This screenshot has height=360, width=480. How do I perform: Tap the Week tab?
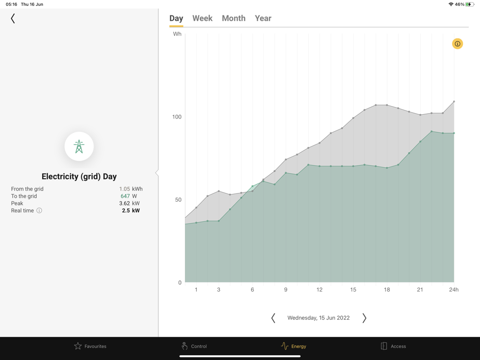[x=202, y=18]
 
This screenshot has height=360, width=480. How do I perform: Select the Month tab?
[x=233, y=18]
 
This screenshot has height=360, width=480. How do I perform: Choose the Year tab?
[x=263, y=18]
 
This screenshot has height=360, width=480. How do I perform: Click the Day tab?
[x=176, y=18]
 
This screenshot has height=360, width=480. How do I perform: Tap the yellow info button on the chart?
[x=457, y=44]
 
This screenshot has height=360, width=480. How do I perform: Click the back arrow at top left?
[x=13, y=18]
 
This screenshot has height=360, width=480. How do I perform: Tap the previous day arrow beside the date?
[x=273, y=318]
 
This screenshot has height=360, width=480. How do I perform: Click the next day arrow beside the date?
[x=364, y=318]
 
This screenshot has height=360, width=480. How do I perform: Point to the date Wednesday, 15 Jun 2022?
[x=318, y=318]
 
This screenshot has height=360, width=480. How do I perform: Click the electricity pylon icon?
[x=79, y=146]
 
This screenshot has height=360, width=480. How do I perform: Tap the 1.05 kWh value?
[x=131, y=189]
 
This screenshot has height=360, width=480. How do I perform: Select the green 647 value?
[x=125, y=196]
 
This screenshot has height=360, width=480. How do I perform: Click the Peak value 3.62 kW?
[x=129, y=204]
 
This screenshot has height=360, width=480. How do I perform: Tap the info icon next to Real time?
[x=39, y=211]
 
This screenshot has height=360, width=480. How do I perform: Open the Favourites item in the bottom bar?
[x=90, y=346]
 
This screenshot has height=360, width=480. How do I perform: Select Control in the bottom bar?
[x=194, y=346]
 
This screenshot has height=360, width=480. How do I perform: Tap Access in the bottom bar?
[x=393, y=346]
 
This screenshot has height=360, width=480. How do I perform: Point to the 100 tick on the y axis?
[x=177, y=117]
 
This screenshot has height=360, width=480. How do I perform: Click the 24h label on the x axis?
[x=454, y=289]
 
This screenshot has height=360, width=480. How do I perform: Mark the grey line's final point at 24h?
[x=454, y=102]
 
